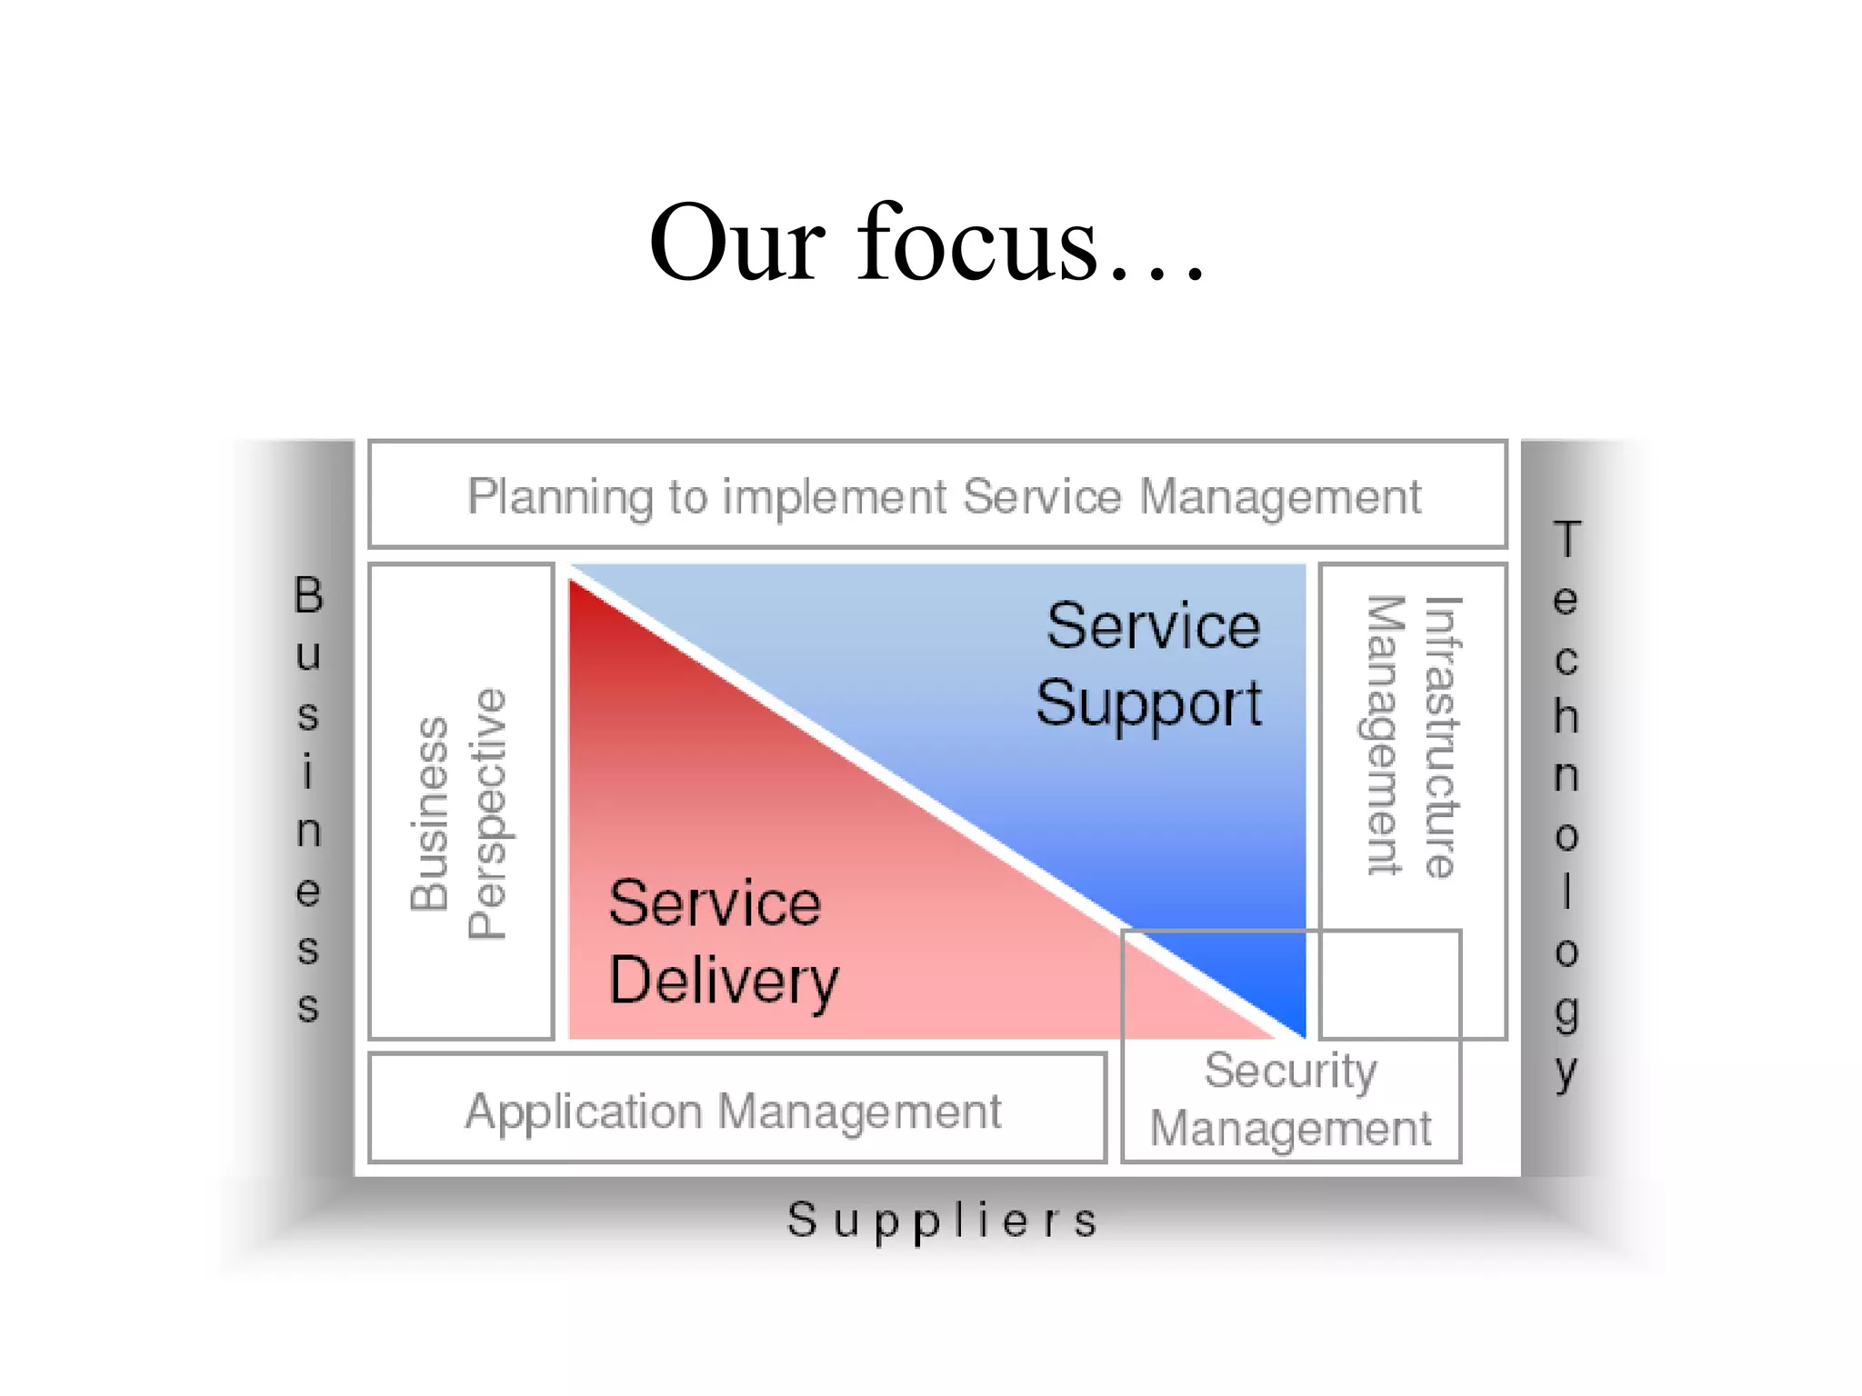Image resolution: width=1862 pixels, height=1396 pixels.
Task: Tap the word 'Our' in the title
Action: coord(737,244)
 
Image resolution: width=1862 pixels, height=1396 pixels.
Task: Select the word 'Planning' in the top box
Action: coord(560,497)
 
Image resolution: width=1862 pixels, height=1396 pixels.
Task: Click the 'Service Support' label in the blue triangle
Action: coord(1151,664)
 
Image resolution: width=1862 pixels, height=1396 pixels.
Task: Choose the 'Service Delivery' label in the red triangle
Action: coord(722,942)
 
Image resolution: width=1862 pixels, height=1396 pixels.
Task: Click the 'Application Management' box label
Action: coord(733,1111)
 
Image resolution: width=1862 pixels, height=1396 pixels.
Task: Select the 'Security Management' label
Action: coord(1291,1100)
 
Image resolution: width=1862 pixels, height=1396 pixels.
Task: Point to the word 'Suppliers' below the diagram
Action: coord(942,1220)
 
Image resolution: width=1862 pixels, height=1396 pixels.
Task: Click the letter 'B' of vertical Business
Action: coord(308,595)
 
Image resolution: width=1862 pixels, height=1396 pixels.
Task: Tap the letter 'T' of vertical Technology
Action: coord(1567,539)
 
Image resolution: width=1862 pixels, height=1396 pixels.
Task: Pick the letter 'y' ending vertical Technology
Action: coord(1566,1072)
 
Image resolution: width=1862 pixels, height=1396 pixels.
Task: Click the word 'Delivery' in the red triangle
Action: coord(724,982)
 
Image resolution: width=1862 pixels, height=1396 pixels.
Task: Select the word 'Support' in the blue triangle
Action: coord(1149,704)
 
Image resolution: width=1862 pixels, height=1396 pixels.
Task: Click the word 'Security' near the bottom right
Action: coord(1290,1071)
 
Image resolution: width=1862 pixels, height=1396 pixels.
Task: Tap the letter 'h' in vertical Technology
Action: coord(1566,716)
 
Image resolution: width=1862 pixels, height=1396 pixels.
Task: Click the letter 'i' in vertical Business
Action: coord(308,772)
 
